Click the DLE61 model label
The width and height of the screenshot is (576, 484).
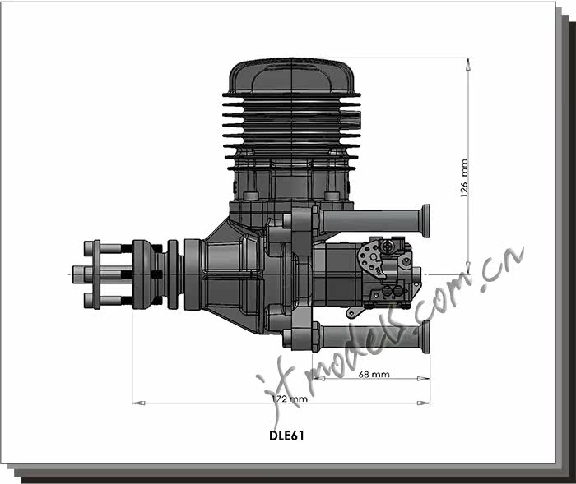286,436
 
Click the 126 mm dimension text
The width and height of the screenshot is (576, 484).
464,178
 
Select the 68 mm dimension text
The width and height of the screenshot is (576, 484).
374,374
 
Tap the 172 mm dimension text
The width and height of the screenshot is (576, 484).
290,399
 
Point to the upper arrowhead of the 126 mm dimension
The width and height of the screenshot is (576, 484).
468,64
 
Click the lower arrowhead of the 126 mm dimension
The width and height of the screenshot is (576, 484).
468,268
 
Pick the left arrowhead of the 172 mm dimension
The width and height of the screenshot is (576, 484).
138,403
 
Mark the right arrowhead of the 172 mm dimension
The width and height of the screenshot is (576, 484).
424,403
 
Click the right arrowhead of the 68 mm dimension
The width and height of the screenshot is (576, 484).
424,378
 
